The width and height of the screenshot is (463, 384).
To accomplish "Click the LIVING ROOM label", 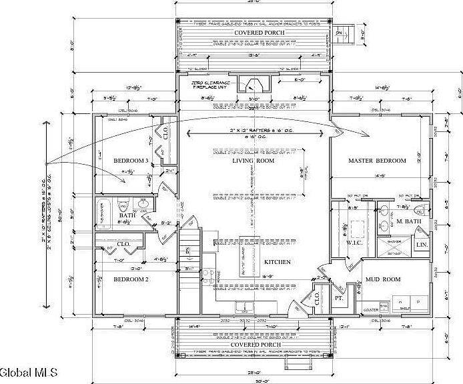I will (x=254, y=161).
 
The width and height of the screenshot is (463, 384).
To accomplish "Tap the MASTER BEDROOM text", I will (x=378, y=161).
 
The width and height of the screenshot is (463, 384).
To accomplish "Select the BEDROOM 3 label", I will (x=131, y=161).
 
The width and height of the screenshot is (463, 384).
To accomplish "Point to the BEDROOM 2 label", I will (x=131, y=279).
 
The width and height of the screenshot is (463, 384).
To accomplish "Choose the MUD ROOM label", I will (x=382, y=280).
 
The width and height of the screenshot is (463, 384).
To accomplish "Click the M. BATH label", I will (x=407, y=221).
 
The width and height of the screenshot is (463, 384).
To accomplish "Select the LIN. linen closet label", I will (x=422, y=245).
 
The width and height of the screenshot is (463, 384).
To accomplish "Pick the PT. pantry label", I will (x=338, y=298).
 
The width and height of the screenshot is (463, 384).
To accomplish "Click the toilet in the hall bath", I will (x=123, y=204).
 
